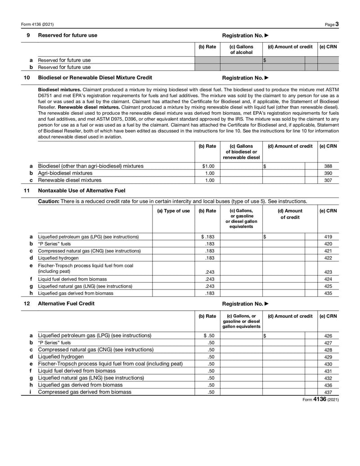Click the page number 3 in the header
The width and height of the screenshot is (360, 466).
coord(337,24)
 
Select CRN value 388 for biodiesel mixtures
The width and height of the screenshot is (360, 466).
coord(328,166)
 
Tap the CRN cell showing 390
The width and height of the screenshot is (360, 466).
coord(328,173)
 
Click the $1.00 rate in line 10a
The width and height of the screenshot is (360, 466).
coord(207,166)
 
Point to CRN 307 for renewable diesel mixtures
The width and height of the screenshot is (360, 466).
coord(328,180)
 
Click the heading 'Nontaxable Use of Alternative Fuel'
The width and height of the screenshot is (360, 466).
coord(81,191)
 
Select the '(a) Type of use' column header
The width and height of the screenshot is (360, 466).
coord(173,211)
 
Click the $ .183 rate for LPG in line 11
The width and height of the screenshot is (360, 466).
coord(207,237)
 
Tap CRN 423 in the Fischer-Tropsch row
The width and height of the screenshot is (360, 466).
coord(328,272)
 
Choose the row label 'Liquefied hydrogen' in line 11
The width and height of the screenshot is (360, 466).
coord(58,258)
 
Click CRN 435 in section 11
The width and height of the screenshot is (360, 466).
coord(328,293)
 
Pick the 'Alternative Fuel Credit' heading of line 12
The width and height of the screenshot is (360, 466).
coord(66,303)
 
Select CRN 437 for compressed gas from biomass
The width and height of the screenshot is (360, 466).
coord(328,392)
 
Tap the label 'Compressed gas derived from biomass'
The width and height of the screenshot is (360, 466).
coord(85,392)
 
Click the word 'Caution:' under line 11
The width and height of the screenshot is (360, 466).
coord(49,201)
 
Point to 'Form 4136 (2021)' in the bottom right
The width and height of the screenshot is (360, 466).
coord(320,400)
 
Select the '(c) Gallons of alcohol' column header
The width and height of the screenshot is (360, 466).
coord(241,50)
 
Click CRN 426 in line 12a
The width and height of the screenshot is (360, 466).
coord(328,336)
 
